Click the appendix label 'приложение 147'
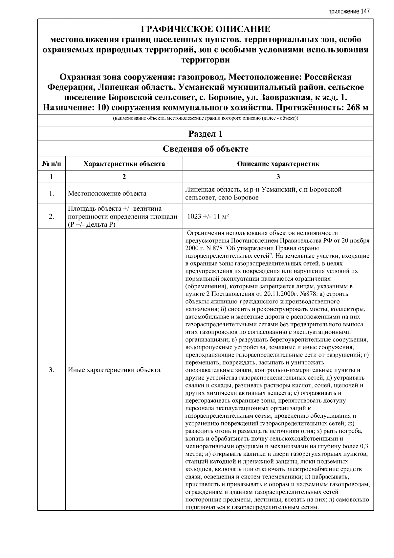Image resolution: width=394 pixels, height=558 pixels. tap(349, 12)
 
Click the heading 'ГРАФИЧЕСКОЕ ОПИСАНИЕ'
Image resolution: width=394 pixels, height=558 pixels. tap(206, 29)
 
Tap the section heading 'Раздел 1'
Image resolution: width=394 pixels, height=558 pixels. tap(206, 134)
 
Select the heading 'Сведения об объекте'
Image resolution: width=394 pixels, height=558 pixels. tap(206, 149)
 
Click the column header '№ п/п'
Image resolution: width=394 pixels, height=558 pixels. tap(52, 164)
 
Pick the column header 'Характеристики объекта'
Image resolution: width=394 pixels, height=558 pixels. tap(124, 164)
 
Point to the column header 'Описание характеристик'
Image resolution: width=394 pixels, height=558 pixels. tap(278, 164)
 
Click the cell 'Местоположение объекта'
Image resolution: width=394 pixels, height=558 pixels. tap(107, 194)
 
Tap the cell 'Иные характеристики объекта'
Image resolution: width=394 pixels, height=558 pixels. tap(114, 370)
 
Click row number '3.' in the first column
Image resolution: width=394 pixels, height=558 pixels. tap(52, 370)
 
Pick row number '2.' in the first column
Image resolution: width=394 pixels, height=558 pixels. tap(52, 217)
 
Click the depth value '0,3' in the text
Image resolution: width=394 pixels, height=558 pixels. tap(364, 446)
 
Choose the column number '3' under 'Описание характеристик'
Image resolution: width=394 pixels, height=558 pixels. tap(278, 177)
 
